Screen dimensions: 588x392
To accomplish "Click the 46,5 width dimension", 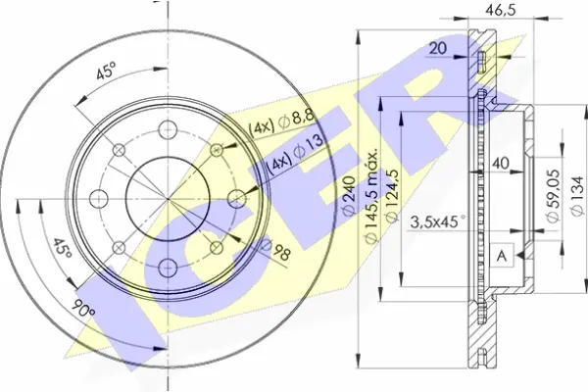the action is [x=501, y=10].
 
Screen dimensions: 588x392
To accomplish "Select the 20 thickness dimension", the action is [x=438, y=48].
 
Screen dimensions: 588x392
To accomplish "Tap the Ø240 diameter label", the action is [x=349, y=195].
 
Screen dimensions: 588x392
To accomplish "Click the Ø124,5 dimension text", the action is [x=391, y=195].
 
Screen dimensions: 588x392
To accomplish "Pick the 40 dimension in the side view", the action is [x=501, y=163].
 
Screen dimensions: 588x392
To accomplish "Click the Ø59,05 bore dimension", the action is [x=553, y=196].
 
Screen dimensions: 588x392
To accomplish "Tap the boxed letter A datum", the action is [x=502, y=256].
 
